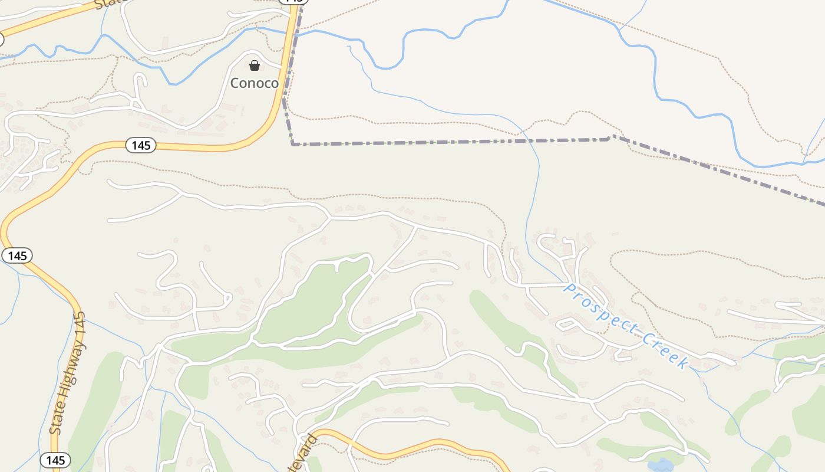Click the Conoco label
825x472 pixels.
click(x=254, y=83)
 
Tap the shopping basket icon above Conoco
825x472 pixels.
click(x=255, y=65)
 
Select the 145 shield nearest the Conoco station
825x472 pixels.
click(x=140, y=145)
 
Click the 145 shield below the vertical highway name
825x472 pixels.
click(x=55, y=460)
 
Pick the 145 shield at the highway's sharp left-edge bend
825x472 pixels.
click(x=17, y=255)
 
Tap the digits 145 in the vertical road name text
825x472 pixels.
click(x=80, y=324)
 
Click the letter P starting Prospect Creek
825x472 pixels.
click(x=569, y=289)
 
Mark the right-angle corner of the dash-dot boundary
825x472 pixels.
click(x=293, y=143)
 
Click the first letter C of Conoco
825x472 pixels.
click(x=235, y=83)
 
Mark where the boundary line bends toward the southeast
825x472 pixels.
click(x=610, y=137)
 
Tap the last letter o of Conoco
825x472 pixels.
click(x=273, y=83)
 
